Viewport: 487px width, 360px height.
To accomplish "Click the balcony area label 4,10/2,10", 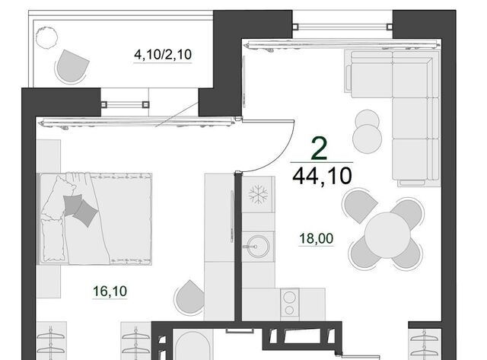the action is click(x=163, y=55).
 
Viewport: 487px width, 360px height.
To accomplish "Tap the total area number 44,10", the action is click(x=322, y=176).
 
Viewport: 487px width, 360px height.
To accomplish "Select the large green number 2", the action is click(x=320, y=148).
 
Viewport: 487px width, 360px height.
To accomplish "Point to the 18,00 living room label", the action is click(x=317, y=238).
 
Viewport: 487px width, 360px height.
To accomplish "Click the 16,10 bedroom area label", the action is click(x=110, y=291).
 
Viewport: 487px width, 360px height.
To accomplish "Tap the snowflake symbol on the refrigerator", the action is click(x=258, y=195).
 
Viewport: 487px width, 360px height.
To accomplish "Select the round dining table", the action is click(x=387, y=235).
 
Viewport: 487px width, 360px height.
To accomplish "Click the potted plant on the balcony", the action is click(x=46, y=37).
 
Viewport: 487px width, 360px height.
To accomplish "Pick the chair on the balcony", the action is click(x=72, y=66).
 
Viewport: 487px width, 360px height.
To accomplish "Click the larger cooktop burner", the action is click(x=289, y=298).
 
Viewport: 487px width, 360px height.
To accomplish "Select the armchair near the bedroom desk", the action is click(x=189, y=297).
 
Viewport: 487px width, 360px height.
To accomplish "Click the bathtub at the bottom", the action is click(x=193, y=346).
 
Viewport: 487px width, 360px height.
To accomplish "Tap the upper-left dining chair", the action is click(x=360, y=205).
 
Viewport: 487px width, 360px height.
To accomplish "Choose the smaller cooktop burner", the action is click(x=289, y=310).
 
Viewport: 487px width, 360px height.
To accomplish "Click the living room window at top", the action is click(x=342, y=27).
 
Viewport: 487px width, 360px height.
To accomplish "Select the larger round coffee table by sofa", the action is click(x=368, y=139).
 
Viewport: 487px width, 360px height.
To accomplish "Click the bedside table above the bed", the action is click(x=49, y=156).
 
